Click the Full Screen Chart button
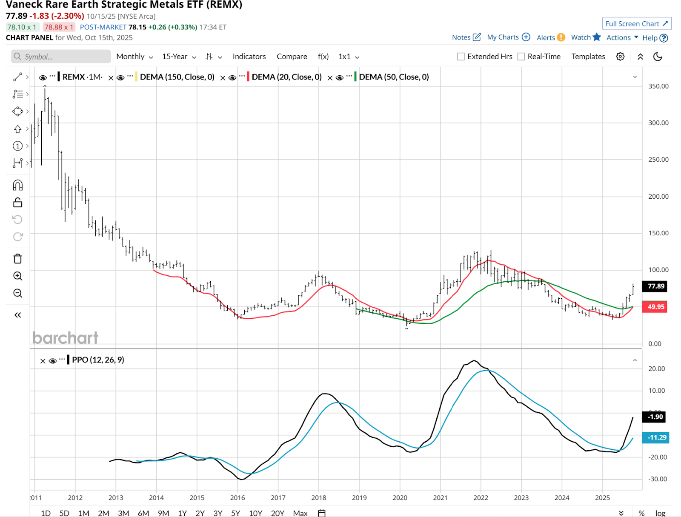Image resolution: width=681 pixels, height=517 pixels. point(636,24)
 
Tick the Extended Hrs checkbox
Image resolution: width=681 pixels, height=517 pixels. point(461,57)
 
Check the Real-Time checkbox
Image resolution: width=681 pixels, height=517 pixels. point(521,57)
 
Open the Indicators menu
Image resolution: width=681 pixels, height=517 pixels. point(249,57)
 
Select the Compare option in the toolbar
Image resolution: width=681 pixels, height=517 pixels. point(292,57)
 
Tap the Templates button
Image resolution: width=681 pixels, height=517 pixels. point(588,57)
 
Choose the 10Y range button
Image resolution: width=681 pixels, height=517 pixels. point(255,513)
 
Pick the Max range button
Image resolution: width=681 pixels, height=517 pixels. point(300,513)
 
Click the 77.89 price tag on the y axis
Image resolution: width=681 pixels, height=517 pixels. point(655,286)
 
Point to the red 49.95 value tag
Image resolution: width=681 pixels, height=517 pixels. point(655,307)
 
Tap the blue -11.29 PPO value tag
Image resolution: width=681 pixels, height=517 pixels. point(657,437)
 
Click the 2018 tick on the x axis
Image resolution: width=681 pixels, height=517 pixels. point(318,497)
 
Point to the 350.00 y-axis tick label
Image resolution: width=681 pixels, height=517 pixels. point(658,86)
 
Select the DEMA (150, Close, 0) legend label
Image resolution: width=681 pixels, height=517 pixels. point(177,77)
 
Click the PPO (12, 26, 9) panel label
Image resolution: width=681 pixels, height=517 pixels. point(98,360)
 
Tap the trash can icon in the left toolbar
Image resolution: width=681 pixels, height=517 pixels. point(17,259)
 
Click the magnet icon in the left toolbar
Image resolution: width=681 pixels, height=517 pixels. point(17,185)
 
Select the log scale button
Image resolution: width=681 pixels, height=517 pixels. point(660,513)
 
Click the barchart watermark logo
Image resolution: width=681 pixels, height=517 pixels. point(66,338)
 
